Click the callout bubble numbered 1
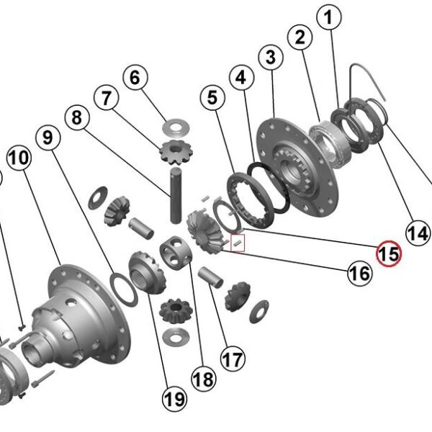(x=329, y=17)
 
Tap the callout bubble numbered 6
(x=135, y=78)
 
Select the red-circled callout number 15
(x=389, y=253)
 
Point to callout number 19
(x=174, y=398)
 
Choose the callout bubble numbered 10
(x=19, y=158)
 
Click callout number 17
(x=233, y=359)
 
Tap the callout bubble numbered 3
(x=271, y=57)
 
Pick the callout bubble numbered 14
(x=418, y=233)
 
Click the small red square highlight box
(x=238, y=243)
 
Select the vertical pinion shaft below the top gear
(x=176, y=196)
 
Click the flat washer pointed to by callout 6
(x=176, y=127)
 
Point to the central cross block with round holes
(x=176, y=253)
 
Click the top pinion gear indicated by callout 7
(x=176, y=153)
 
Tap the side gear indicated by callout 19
(x=148, y=272)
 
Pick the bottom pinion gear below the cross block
(x=176, y=311)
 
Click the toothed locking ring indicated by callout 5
(x=251, y=200)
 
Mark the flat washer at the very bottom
(x=176, y=337)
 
